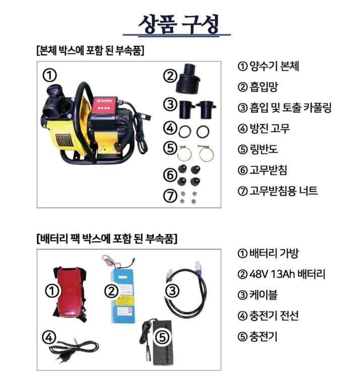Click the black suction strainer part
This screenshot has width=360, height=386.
click(x=188, y=78)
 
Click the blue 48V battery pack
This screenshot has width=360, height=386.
click(x=122, y=295)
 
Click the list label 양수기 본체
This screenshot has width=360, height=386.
click(x=274, y=66)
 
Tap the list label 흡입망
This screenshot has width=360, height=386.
click(x=264, y=87)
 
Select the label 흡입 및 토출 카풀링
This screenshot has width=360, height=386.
click(x=291, y=107)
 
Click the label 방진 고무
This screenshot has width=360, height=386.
click(x=270, y=128)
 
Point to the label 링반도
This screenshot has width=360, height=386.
click(x=264, y=149)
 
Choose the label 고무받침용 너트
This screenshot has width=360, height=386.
click(x=283, y=191)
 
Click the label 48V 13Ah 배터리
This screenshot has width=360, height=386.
click(x=287, y=274)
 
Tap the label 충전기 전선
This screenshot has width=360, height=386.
click(x=274, y=315)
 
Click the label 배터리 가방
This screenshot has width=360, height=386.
click(x=274, y=253)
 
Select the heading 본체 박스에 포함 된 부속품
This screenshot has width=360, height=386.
click(x=90, y=51)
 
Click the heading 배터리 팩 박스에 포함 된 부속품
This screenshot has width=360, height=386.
click(x=107, y=238)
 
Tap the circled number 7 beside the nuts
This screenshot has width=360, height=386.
click(x=170, y=196)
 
